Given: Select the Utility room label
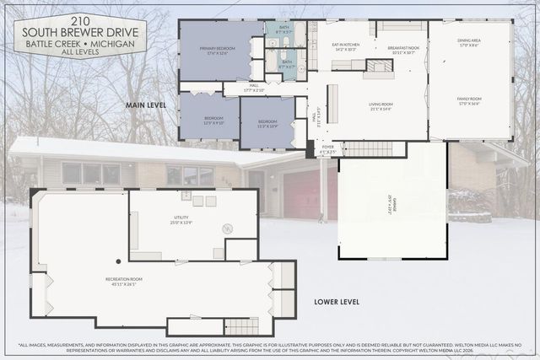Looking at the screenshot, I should coord(182,220).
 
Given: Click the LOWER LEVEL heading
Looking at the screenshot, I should coord(337,301).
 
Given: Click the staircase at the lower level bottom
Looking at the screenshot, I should coord(241,326).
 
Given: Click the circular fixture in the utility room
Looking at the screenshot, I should coord(226,228).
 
